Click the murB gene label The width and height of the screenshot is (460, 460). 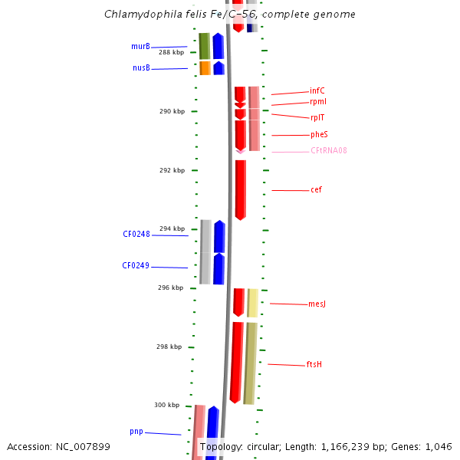[140, 46]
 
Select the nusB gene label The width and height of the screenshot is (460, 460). [141, 67]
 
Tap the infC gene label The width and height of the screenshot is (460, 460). [317, 90]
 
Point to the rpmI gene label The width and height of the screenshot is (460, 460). [318, 101]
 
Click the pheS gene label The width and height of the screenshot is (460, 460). [319, 134]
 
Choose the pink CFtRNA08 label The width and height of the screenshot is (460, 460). [329, 150]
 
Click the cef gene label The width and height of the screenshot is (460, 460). [316, 189]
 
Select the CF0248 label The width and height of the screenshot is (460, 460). [136, 234]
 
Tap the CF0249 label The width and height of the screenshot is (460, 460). [136, 266]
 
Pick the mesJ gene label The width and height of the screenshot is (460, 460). [317, 304]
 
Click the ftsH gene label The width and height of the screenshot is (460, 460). [314, 364]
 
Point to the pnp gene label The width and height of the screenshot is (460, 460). [136, 432]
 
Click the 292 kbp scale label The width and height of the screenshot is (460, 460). [172, 170]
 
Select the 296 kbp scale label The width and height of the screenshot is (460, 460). [171, 287]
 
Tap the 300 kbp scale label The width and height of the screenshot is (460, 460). [166, 405]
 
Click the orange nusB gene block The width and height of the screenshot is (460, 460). [205, 68]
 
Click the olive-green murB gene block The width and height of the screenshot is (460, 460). [204, 46]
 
